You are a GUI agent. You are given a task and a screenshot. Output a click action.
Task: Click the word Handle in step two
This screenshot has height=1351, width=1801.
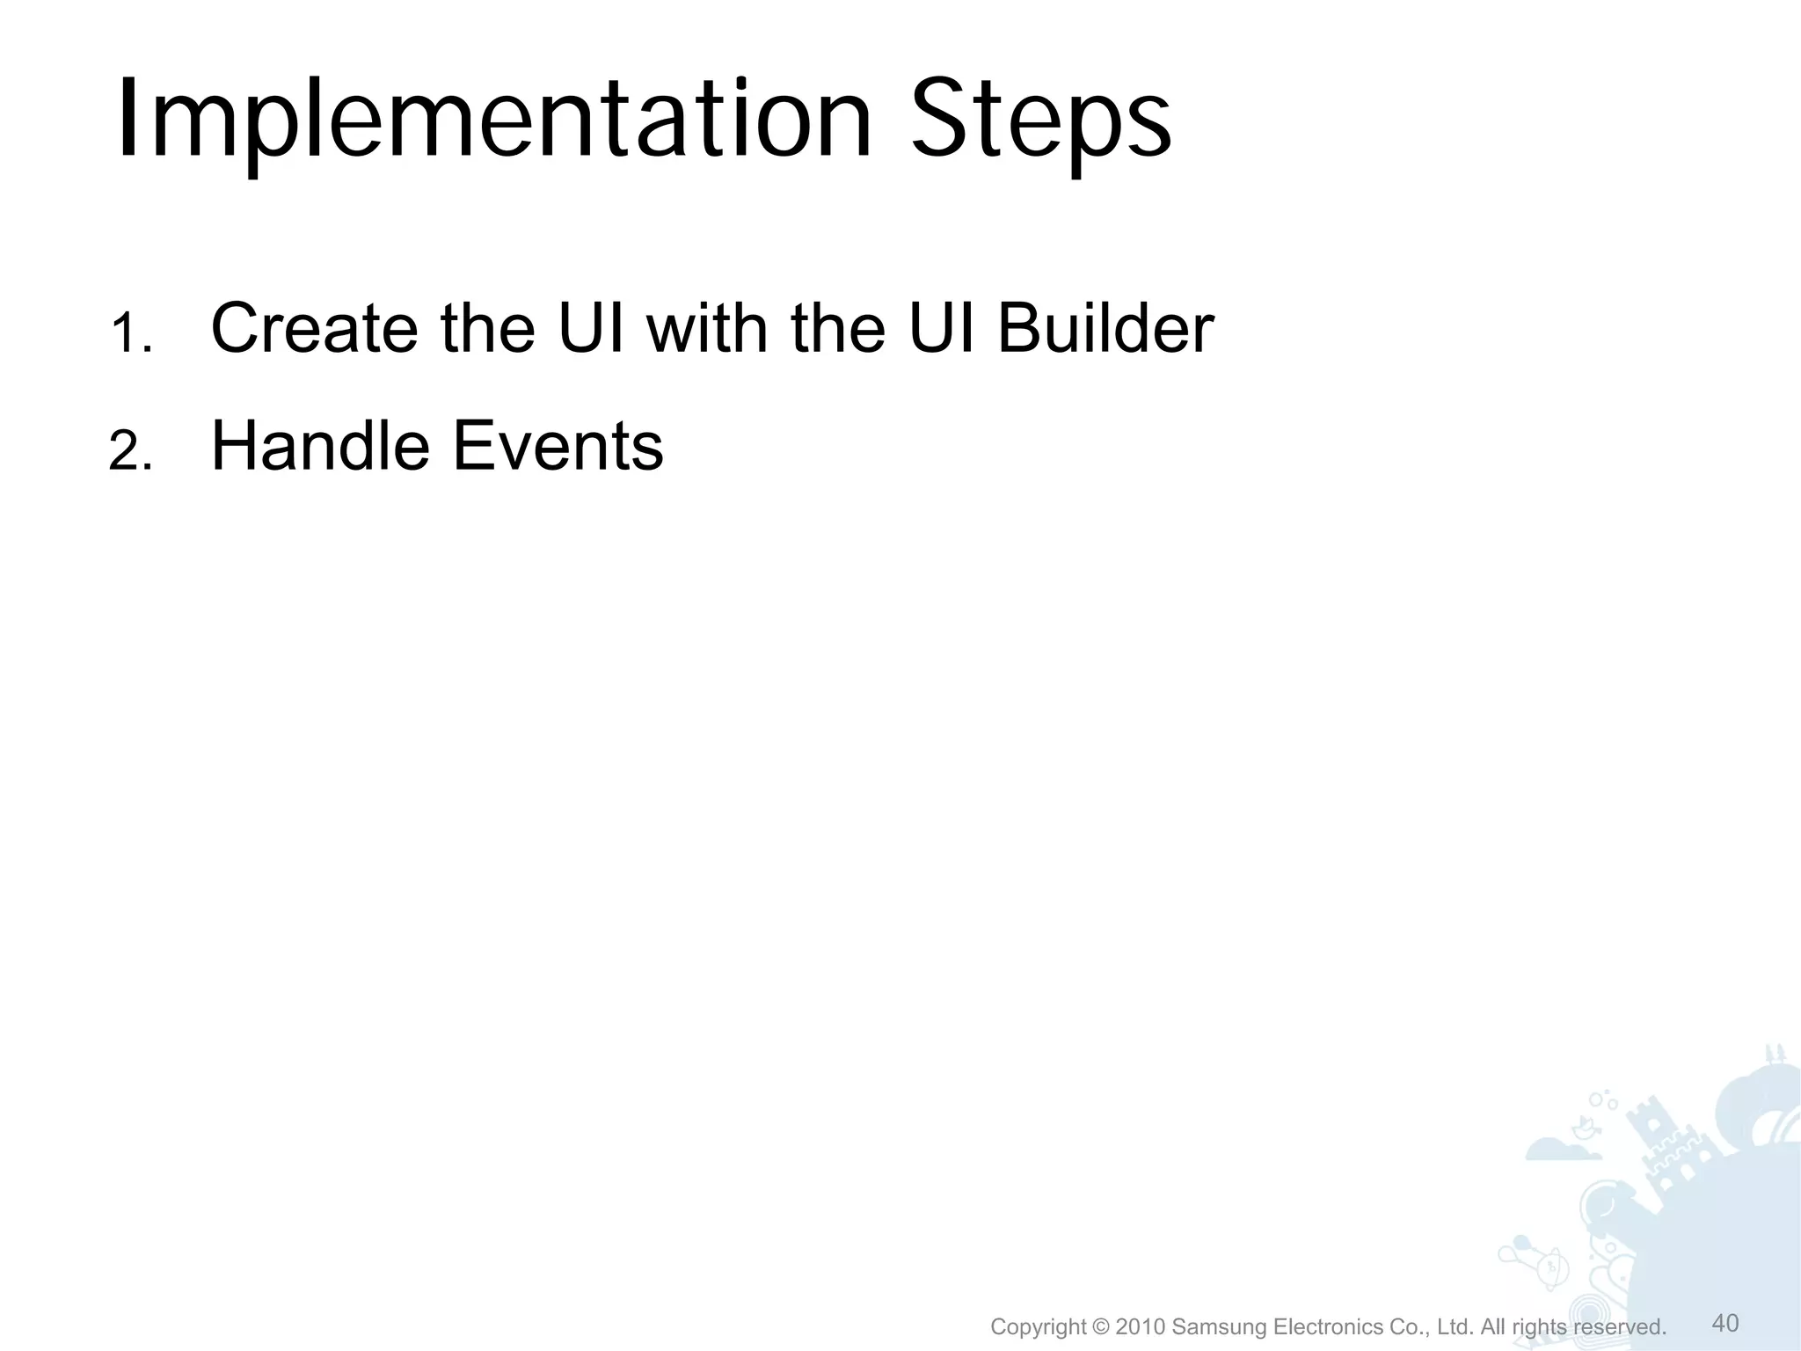pyautogui.click(x=320, y=446)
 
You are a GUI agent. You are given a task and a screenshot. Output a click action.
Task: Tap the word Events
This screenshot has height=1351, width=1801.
pyautogui.click(x=558, y=446)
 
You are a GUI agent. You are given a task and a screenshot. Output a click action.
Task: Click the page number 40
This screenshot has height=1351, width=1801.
pyautogui.click(x=1725, y=1323)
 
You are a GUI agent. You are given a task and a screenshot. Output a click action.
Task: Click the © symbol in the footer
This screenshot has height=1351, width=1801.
pyautogui.click(x=1100, y=1326)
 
